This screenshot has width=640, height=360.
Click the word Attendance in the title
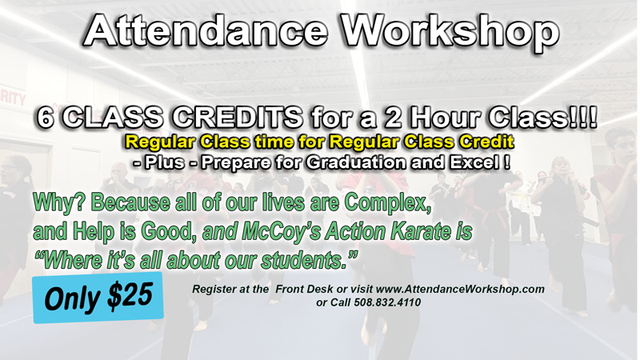point(206,31)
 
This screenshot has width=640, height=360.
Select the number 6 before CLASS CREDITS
point(46,118)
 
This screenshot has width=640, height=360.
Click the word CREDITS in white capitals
point(237,118)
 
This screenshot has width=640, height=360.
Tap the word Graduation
point(355,163)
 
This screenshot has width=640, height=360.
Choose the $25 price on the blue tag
point(130,294)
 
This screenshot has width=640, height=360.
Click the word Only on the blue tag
point(74,298)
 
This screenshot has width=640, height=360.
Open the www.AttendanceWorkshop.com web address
point(460,289)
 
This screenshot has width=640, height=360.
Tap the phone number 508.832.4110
point(387,302)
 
